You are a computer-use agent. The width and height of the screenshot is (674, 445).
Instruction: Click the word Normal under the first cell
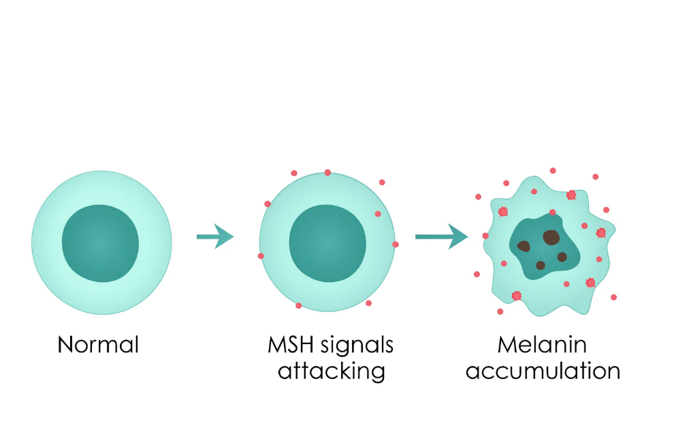tap(98, 344)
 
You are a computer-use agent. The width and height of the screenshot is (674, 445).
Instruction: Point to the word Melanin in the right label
tap(542, 344)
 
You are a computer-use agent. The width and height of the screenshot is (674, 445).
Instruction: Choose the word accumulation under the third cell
tap(542, 371)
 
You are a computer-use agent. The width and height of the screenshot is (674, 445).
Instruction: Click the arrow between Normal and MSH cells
tap(214, 236)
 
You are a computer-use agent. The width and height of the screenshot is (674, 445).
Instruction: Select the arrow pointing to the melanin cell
tap(440, 236)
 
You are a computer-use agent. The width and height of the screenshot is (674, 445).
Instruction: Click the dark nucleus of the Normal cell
tap(100, 242)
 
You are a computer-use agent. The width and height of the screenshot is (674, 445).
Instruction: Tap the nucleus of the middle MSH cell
tap(327, 242)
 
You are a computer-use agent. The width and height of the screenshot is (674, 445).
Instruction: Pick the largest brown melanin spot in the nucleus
tap(550, 237)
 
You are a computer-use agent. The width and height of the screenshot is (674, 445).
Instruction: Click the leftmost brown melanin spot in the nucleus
tap(524, 246)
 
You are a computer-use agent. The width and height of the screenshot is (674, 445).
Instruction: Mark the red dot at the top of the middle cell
tap(327, 172)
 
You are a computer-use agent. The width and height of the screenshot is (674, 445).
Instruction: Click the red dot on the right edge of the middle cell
tap(396, 244)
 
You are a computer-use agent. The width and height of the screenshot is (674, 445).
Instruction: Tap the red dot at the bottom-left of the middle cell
tap(298, 305)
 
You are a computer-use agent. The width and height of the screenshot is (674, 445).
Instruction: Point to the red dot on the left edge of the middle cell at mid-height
tap(261, 256)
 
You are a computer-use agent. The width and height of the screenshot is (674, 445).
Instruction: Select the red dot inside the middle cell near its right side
tap(378, 214)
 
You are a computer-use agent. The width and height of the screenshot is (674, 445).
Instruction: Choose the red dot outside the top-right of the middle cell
tap(382, 182)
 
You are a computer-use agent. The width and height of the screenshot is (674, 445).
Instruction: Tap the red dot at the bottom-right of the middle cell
tap(368, 303)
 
